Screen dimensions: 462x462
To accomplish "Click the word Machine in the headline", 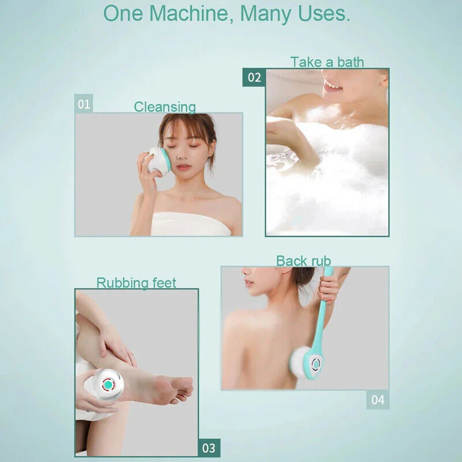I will click(x=183, y=13).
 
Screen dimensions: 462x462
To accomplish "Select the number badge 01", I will click(x=84, y=104).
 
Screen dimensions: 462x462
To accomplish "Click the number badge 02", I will click(x=254, y=77).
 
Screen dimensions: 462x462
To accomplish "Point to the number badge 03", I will click(x=208, y=448).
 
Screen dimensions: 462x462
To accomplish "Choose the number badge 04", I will click(x=377, y=400).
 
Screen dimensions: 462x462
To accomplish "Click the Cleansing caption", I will click(x=165, y=107).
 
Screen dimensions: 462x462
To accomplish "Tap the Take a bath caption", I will click(x=327, y=62).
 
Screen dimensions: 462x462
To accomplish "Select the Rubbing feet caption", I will click(x=136, y=283).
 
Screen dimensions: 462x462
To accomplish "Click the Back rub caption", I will click(x=303, y=261).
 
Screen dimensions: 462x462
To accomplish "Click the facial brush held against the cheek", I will click(x=158, y=161).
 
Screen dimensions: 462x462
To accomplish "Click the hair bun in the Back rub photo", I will click(x=302, y=277).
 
